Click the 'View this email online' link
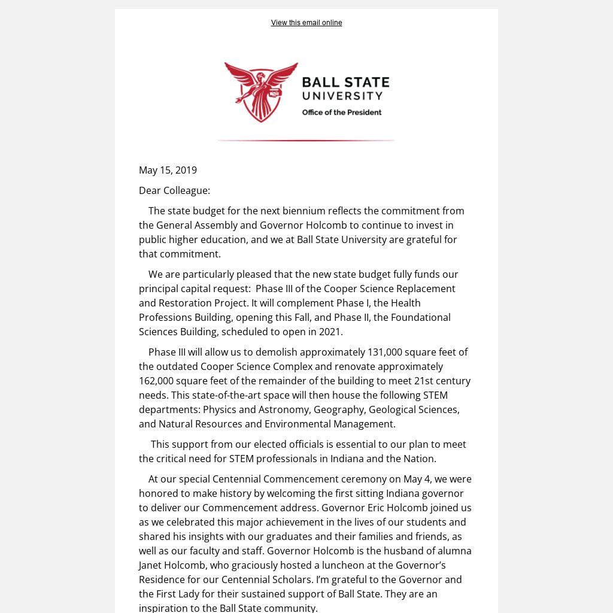click(306, 23)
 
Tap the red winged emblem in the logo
click(261, 92)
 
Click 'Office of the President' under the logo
click(341, 112)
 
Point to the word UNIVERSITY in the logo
click(342, 96)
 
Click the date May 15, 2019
click(168, 170)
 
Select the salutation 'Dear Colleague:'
click(174, 190)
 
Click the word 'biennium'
click(305, 211)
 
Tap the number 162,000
click(156, 381)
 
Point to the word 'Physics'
click(220, 409)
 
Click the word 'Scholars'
click(289, 579)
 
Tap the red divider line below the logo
click(306, 141)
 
